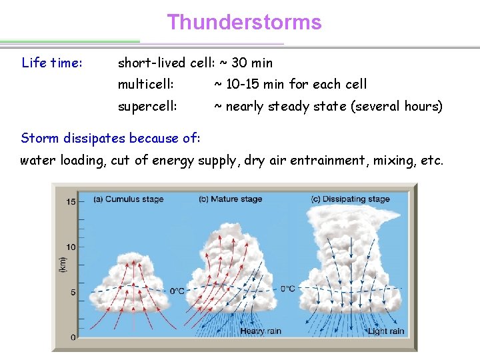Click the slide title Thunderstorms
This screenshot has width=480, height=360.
coord(244,23)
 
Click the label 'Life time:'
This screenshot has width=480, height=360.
coord(52,63)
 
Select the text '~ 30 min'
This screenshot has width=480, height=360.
coord(246,63)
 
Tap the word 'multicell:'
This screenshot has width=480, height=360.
coord(146,85)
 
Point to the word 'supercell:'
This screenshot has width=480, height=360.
coord(147,107)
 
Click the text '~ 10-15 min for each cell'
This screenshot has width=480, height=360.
coord(290,85)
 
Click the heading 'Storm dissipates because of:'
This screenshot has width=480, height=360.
coord(110,139)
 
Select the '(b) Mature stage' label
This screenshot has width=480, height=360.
coord(230,199)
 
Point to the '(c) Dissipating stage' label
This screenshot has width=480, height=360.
coord(350,199)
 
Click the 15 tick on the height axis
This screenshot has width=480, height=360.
coord(71,201)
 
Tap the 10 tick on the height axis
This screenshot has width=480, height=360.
coord(71,247)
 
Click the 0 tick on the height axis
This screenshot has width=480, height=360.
coord(73,337)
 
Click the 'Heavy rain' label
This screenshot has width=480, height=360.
coord(261,331)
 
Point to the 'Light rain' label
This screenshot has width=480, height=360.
coord(386,331)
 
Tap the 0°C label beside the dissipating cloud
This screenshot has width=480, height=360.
coord(287,289)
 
